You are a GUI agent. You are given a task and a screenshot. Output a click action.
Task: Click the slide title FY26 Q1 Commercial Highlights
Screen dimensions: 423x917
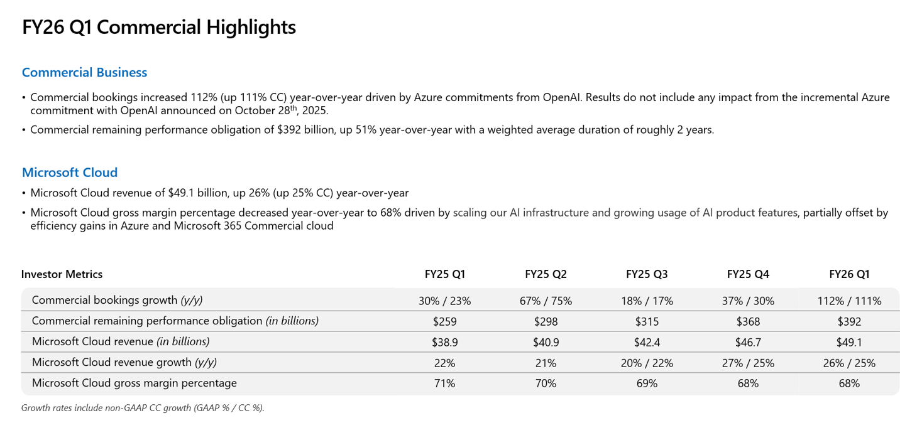[159, 28]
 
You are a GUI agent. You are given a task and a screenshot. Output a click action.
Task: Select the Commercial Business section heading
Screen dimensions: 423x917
[84, 72]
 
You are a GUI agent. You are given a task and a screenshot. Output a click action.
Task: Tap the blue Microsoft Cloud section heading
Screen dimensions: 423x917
[70, 172]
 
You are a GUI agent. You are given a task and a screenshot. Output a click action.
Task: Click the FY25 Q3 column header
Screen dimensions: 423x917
[647, 274]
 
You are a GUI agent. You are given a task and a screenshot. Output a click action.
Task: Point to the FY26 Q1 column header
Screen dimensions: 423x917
[849, 274]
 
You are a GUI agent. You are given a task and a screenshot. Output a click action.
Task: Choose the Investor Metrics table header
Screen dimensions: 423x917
[62, 274]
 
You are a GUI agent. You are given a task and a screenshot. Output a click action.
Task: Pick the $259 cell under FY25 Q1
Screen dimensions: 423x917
[444, 321]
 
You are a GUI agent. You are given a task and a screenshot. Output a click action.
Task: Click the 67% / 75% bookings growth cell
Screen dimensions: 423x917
[546, 301]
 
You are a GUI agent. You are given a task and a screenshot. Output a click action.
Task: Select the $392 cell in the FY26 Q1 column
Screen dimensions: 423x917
[849, 321]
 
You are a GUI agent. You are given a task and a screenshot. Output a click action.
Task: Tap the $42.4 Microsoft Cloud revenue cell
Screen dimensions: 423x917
[647, 342]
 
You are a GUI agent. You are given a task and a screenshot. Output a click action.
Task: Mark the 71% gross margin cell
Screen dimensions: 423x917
[444, 383]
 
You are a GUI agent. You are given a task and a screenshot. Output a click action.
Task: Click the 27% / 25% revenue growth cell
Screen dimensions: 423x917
[748, 363]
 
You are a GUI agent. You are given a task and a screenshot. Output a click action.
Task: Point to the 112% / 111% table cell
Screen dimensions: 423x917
[849, 301]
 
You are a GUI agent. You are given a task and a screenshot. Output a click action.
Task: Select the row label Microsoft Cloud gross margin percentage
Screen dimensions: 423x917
[134, 383]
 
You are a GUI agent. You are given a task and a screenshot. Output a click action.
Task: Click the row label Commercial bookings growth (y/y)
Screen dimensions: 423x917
[117, 301]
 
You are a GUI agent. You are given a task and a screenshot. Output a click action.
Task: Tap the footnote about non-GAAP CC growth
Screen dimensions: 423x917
[143, 408]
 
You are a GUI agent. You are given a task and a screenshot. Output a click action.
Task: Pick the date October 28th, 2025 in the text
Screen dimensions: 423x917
[281, 110]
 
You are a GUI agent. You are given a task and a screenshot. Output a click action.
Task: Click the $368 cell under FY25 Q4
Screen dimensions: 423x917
[748, 321]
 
